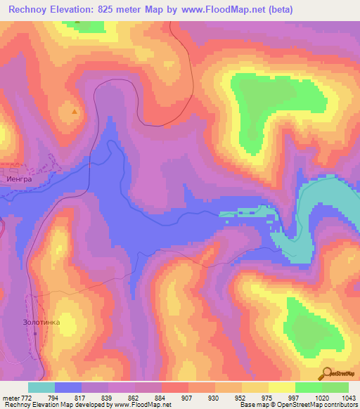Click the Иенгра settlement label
tap(20, 178)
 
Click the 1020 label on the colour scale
tap(322, 398)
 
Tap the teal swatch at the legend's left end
tap(41, 387)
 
